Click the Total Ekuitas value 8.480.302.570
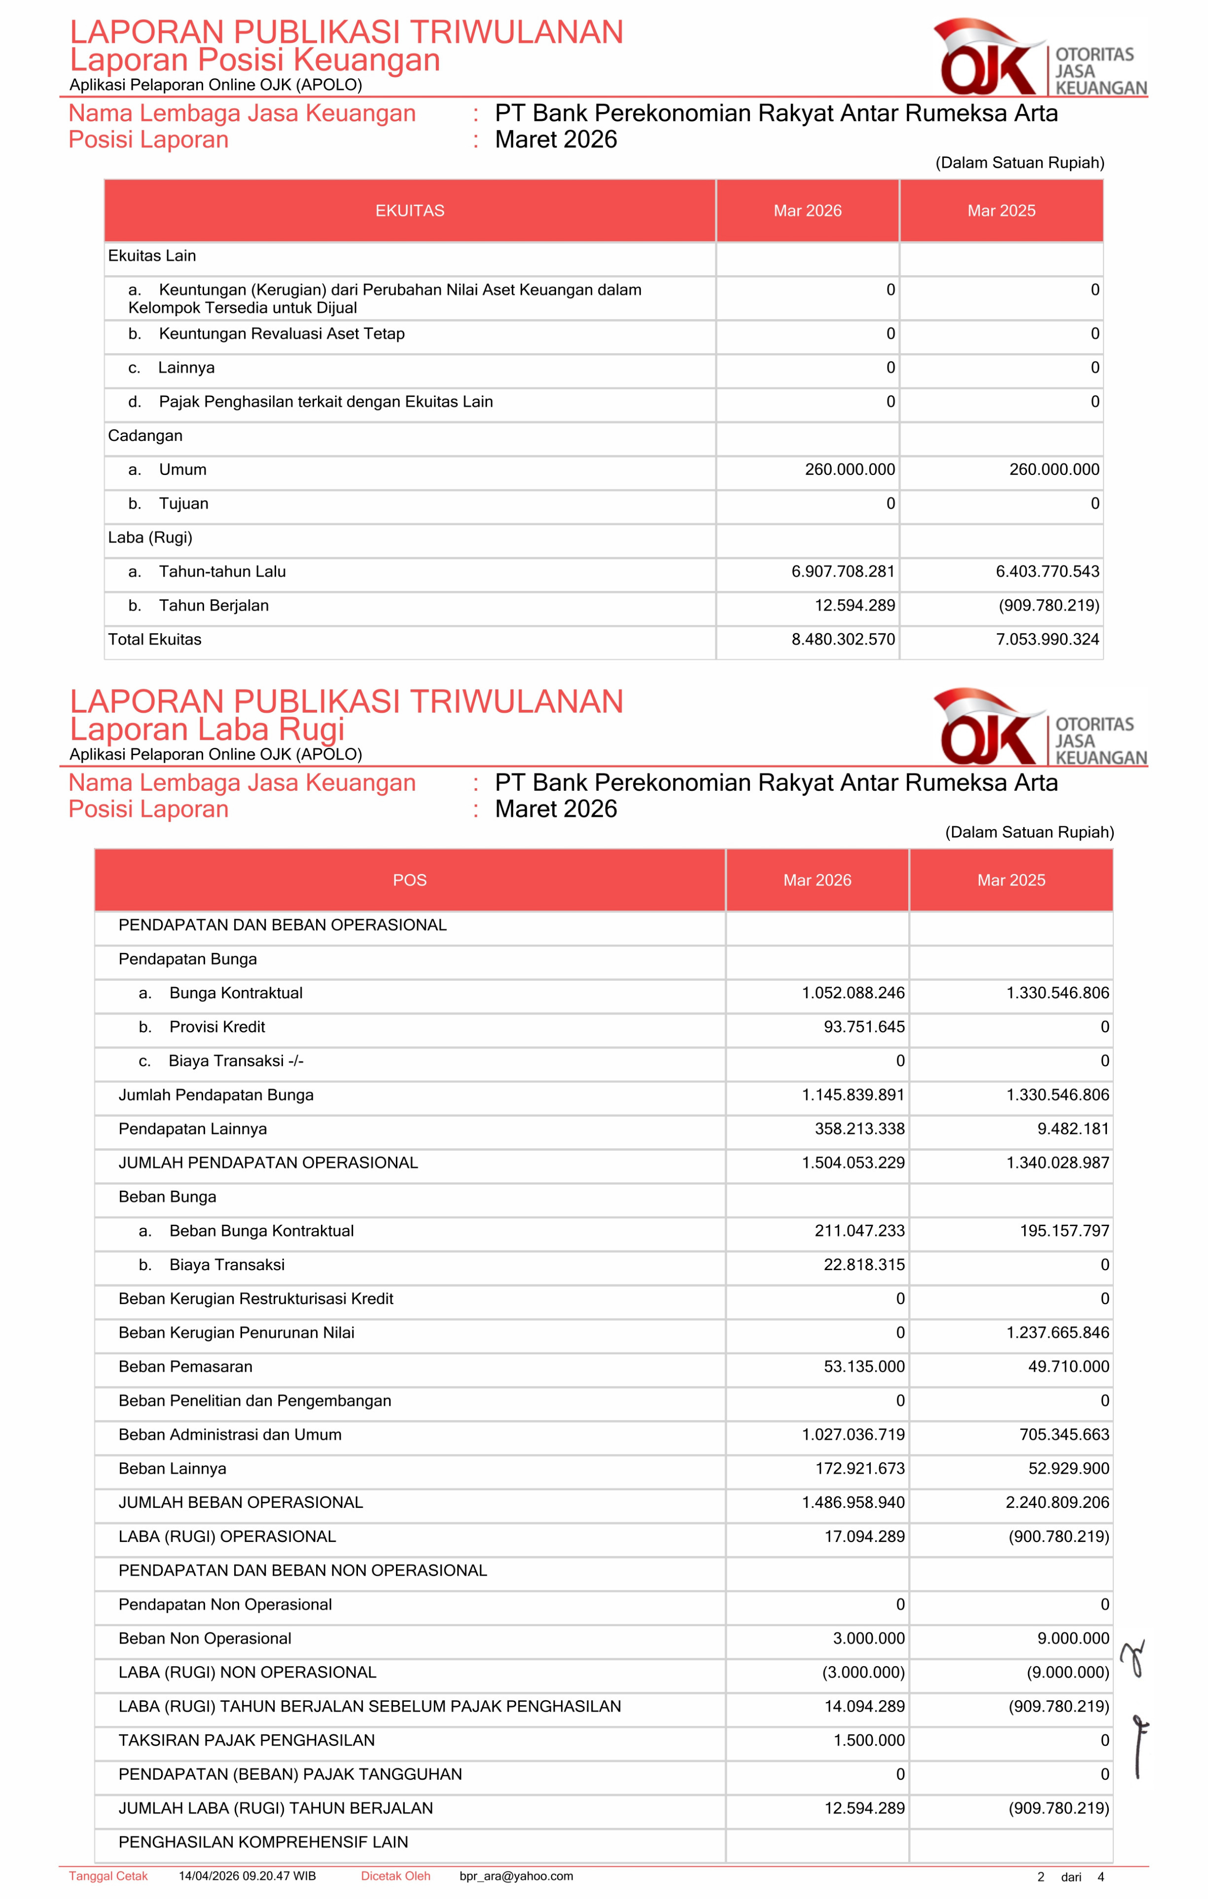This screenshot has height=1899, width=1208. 843,640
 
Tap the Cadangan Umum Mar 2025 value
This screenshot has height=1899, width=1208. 1054,469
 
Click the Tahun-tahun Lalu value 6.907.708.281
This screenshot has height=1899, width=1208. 843,572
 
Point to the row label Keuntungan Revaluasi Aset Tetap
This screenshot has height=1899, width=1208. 282,333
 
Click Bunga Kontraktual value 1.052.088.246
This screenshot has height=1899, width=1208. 853,993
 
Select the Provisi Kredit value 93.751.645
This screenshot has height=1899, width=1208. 864,1027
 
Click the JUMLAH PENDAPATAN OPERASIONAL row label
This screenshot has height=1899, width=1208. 268,1163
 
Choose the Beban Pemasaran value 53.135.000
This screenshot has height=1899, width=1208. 864,1367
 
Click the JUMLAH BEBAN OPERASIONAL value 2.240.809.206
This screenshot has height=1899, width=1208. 1058,1502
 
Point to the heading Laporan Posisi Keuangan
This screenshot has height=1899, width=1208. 255,60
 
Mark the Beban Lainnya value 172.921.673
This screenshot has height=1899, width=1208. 859,1468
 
